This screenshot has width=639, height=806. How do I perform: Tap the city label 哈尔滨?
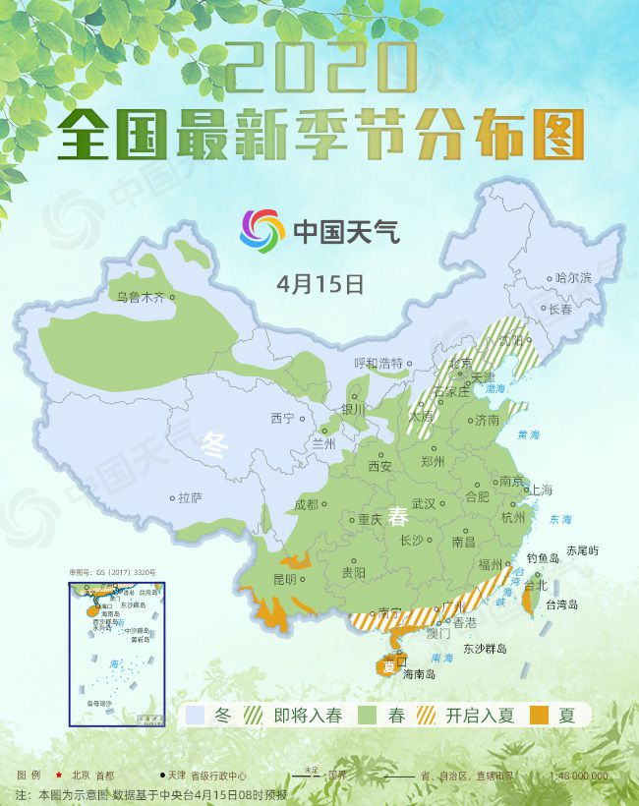click(573, 278)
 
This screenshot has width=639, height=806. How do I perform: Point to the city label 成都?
click(306, 504)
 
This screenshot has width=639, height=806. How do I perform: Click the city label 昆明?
click(284, 578)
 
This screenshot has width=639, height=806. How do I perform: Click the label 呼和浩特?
click(378, 363)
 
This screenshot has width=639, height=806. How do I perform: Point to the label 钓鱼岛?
click(543, 558)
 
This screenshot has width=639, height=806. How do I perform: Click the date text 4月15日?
click(320, 284)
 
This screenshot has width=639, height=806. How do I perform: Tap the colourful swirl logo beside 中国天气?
click(262, 229)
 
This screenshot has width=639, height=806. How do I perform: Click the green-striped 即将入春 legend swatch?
click(255, 716)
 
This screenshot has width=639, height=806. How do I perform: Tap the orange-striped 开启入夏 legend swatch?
click(427, 716)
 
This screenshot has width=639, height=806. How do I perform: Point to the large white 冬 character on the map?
click(214, 445)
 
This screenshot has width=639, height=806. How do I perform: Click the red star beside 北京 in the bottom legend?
click(59, 776)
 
